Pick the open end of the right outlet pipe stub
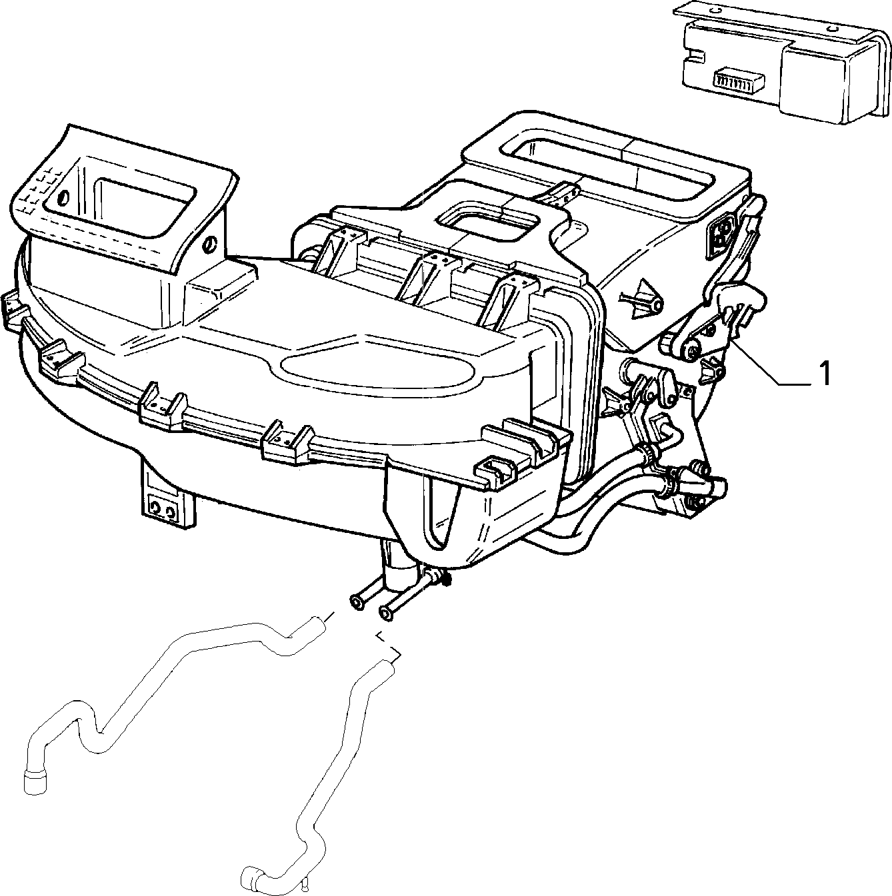[385, 614]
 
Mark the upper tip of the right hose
[389, 664]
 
